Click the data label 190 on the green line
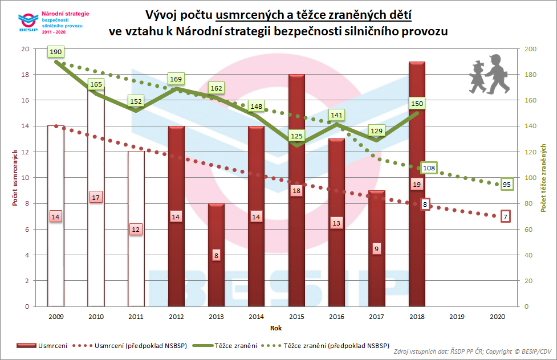pos(56,52)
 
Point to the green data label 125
pos(296,137)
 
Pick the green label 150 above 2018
pos(417,104)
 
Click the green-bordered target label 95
pos(506,184)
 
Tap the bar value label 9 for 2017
pos(377,248)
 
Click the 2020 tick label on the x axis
pos(497,316)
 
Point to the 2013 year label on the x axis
pos(216,316)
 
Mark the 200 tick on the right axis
pos(531,49)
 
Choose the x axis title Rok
pos(276,328)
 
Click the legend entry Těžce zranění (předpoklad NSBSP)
pos(336,346)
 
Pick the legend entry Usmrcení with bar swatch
pos(43,346)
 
